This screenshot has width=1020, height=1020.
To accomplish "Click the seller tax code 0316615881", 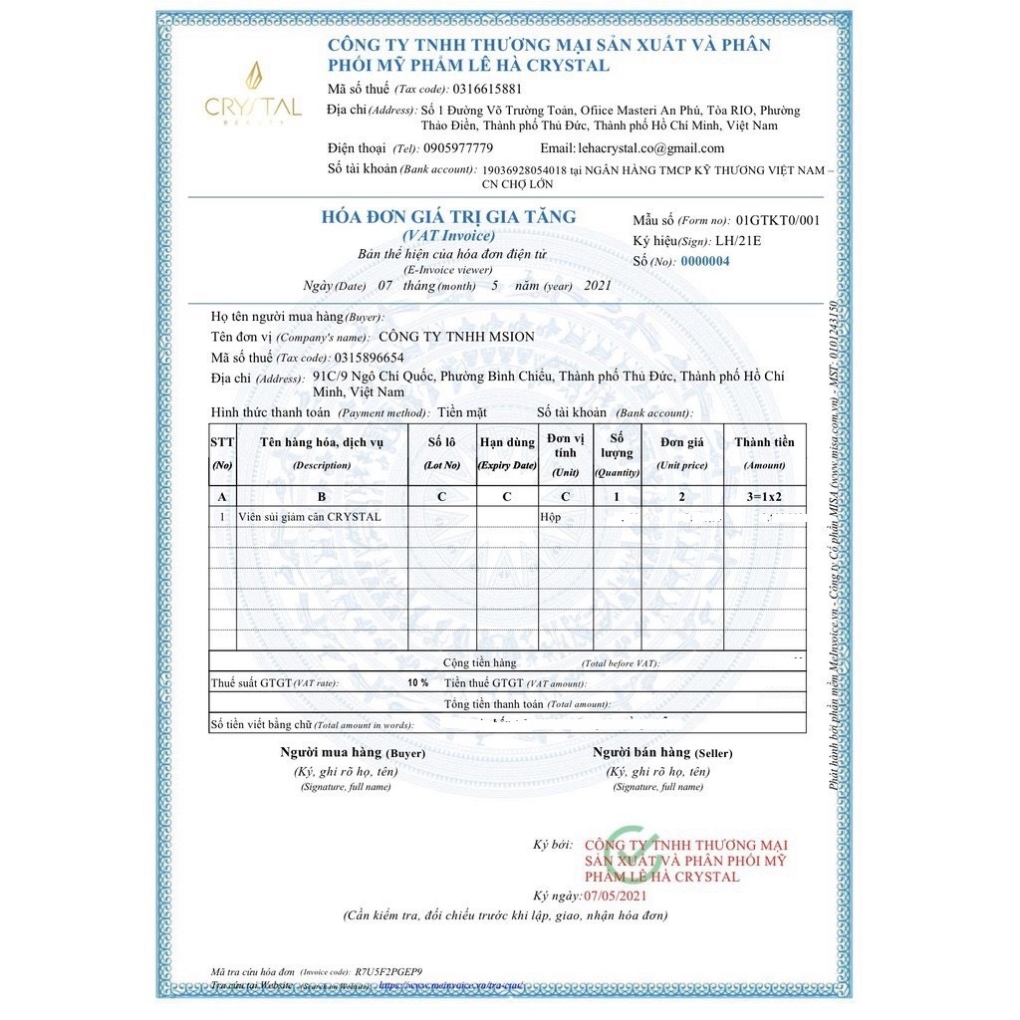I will [487, 89].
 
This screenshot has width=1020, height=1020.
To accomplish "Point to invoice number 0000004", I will [704, 261].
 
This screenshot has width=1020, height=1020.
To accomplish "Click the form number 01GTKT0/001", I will [778, 220].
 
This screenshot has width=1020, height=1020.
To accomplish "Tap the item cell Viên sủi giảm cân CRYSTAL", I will [310, 517].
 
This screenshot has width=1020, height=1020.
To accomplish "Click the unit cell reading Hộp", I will [551, 517].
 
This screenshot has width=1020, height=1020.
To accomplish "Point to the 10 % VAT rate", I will [417, 683].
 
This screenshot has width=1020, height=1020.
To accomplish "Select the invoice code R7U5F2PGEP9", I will [389, 971].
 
